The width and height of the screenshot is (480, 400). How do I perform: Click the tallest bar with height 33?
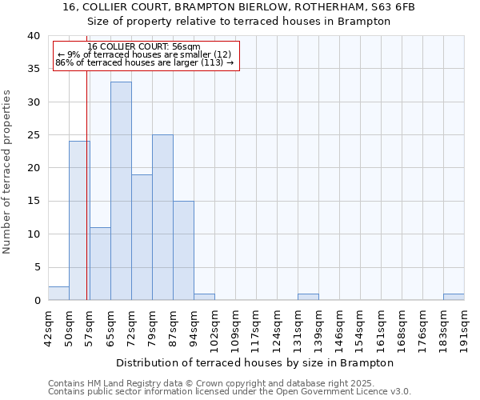121,191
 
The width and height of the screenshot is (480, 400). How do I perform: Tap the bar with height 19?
142,238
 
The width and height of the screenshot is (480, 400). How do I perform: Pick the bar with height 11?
100,264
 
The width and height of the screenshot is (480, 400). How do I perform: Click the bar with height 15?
183,250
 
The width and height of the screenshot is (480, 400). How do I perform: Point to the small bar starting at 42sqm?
58,294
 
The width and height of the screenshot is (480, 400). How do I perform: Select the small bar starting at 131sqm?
308,297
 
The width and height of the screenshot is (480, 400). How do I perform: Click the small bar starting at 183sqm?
454,297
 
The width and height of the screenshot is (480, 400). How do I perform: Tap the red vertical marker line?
86,200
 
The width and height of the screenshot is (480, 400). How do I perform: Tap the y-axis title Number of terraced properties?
7,171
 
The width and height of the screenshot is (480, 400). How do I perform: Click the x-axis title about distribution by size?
261,362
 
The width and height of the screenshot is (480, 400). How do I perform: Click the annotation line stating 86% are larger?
145,62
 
